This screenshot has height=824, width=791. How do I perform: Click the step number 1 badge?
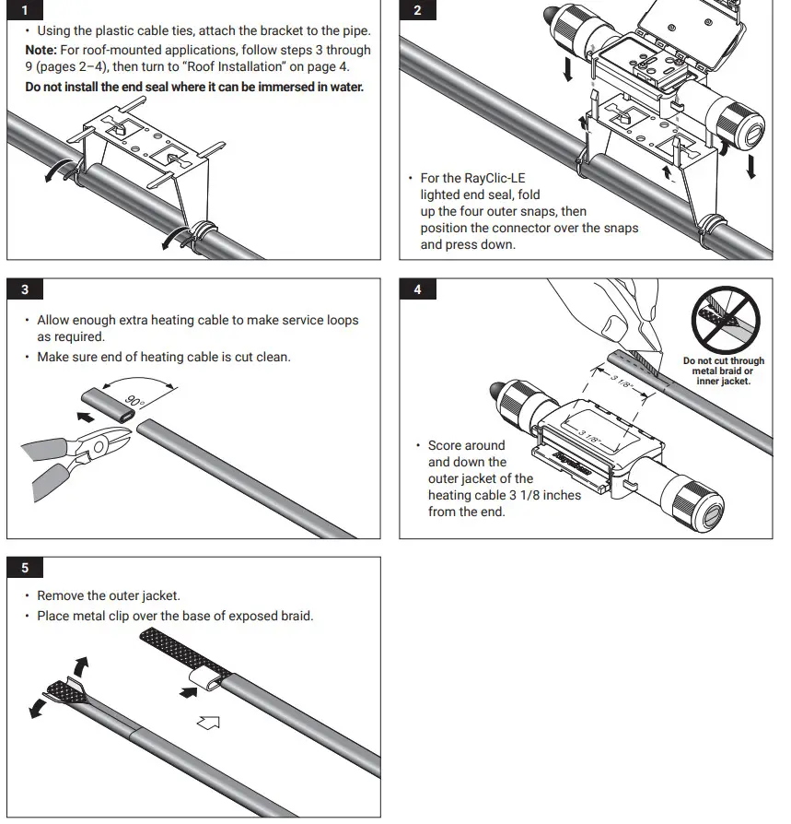[x=25, y=10]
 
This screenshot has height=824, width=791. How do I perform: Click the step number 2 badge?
[x=418, y=10]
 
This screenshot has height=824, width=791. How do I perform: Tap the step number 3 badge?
[x=25, y=289]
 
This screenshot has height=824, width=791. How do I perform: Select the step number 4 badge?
[x=418, y=289]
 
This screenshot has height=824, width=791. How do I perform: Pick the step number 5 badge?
[x=25, y=568]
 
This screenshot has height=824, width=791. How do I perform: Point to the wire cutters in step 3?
[x=70, y=457]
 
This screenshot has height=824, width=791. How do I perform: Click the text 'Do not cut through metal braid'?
[x=723, y=367]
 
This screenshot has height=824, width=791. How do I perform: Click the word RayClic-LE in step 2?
[x=509, y=178]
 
